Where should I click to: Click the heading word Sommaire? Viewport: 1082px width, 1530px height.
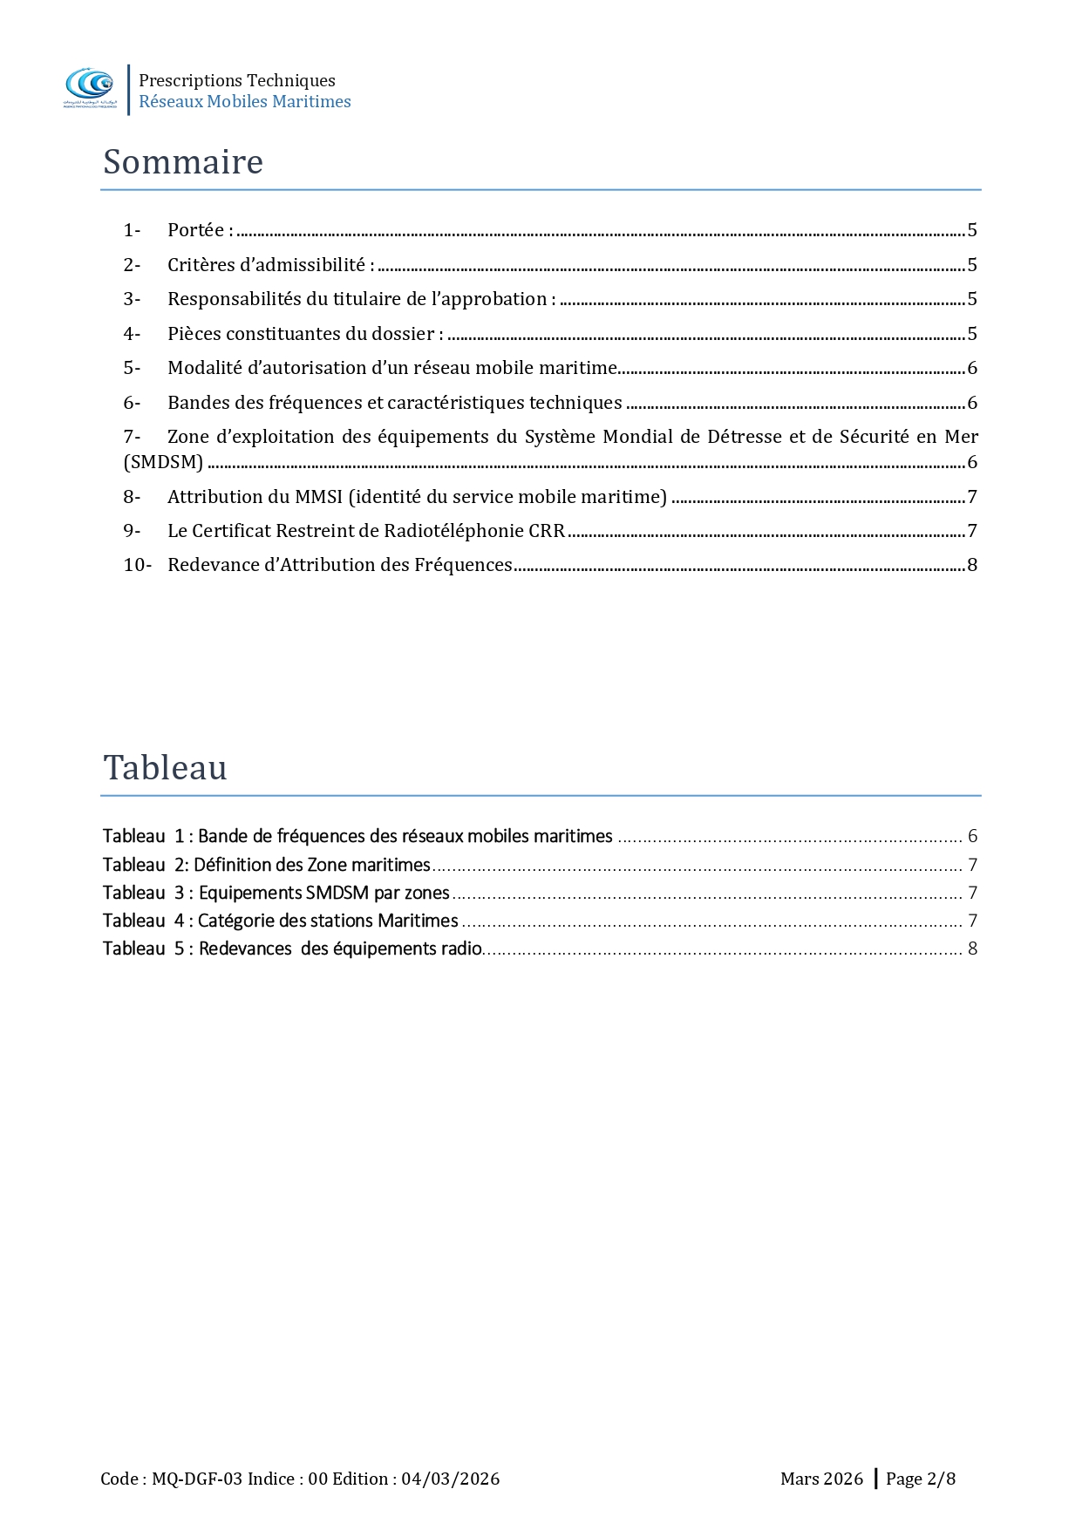point(183,162)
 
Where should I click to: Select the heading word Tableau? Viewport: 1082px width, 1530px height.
point(165,768)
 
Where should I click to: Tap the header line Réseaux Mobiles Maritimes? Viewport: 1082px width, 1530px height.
point(244,102)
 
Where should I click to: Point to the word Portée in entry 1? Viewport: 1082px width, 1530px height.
point(195,230)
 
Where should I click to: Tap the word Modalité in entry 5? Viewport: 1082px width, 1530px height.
point(205,368)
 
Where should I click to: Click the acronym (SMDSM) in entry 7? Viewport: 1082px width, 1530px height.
point(163,462)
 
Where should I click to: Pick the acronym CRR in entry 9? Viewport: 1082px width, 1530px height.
point(547,531)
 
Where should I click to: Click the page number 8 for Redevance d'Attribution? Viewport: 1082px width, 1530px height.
point(972,565)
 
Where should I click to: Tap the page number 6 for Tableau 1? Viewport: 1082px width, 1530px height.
point(972,836)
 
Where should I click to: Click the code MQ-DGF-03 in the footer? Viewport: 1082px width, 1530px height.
point(197,1479)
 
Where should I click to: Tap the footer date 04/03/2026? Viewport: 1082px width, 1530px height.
point(450,1479)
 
